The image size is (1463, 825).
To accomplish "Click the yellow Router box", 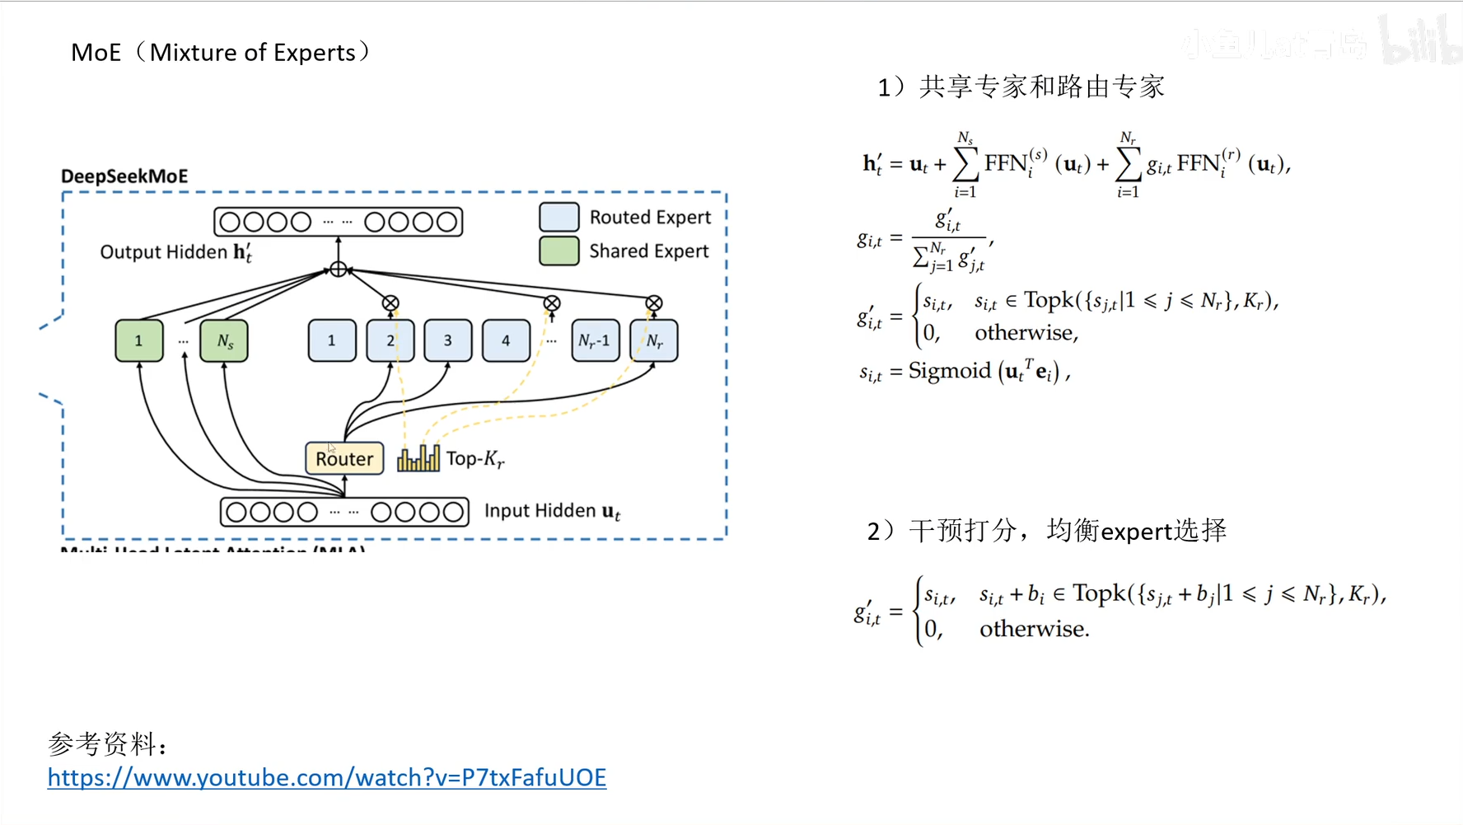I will click(x=344, y=458).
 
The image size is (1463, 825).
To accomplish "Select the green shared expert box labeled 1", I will click(x=138, y=340).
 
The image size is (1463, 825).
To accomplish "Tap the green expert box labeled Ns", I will click(x=224, y=340).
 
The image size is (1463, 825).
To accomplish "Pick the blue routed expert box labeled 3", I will click(x=447, y=340).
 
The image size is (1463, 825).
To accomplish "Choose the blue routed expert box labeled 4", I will click(x=506, y=340).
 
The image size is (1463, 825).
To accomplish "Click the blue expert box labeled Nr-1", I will click(x=595, y=340).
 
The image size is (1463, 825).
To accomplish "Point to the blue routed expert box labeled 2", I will click(x=390, y=340).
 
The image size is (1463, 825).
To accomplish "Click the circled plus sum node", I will click(x=338, y=269).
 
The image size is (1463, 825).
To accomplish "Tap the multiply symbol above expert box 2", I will click(x=390, y=303).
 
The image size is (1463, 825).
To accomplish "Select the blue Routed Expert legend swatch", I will click(x=559, y=217).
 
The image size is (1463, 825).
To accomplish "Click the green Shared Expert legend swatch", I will click(x=559, y=251).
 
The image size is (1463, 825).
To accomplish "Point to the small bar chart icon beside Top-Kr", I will click(x=418, y=458).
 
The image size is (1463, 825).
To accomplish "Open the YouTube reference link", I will click(x=327, y=777).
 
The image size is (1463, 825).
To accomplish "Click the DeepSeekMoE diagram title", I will click(x=124, y=176).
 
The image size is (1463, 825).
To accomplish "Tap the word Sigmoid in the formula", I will click(x=950, y=372).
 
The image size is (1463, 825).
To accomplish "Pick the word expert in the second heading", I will click(x=1136, y=532).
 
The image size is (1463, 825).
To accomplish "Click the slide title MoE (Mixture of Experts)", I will click(x=221, y=53).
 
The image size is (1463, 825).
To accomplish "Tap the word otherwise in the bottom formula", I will click(x=1034, y=629).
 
